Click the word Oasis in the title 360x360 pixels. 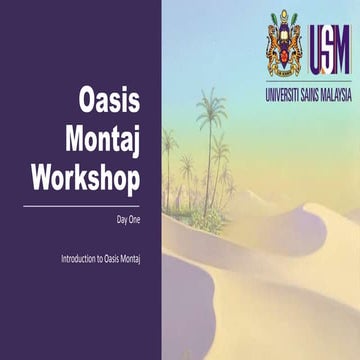110,102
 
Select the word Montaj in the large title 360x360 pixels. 102,140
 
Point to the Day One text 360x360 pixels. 128,217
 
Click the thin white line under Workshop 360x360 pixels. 80,205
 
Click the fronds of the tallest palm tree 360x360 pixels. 211,108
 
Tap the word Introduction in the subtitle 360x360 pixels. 78,259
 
